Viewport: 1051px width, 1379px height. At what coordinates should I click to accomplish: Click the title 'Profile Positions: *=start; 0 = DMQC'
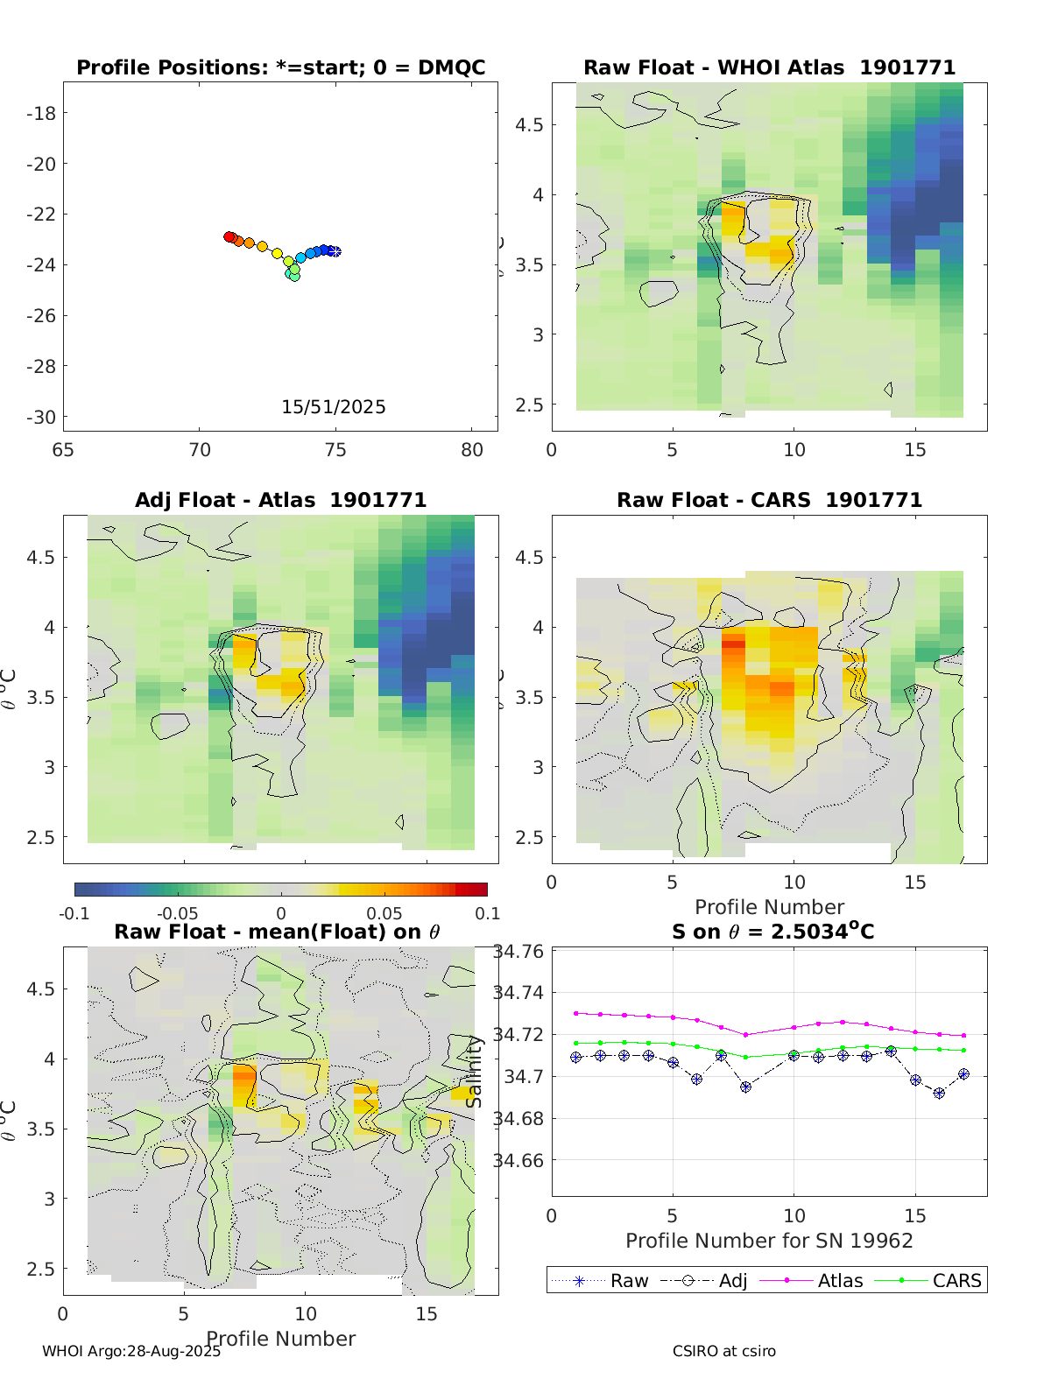coord(280,67)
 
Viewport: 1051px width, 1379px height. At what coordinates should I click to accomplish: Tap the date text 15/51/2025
coord(333,406)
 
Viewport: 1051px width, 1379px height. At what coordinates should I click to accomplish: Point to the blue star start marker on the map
coord(335,251)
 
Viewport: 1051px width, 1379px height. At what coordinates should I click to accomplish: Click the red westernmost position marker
coord(229,236)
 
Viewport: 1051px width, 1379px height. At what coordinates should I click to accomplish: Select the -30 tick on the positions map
coord(41,417)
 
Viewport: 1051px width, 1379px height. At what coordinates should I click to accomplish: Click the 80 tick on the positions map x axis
coord(471,450)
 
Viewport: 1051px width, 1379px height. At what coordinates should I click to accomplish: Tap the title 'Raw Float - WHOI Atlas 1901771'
coord(769,67)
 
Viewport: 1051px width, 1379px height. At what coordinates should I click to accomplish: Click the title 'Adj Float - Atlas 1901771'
coord(280,500)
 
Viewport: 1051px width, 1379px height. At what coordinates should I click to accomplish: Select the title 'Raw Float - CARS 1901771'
coord(769,500)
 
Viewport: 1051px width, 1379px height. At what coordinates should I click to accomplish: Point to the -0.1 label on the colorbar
coord(74,913)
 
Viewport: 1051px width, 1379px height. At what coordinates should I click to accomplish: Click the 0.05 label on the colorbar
coord(384,913)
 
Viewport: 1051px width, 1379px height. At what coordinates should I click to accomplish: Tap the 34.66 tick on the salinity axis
coord(518,1161)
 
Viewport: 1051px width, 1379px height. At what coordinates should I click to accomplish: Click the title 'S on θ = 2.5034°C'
coord(772,931)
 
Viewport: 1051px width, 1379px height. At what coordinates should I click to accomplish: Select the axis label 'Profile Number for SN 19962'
coord(769,1241)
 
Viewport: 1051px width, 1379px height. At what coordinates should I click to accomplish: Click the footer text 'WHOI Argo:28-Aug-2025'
coord(131,1351)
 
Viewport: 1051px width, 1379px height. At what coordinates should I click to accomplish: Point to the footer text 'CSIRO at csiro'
coord(723,1351)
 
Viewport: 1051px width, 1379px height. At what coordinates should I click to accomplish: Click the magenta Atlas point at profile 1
coord(575,1013)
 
